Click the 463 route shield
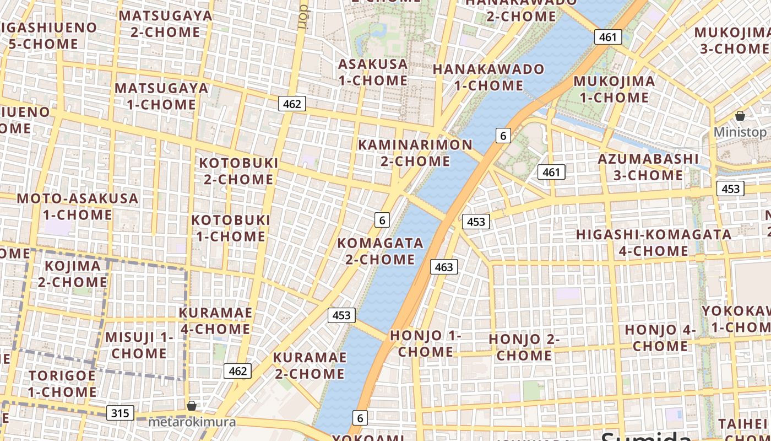click(443, 267)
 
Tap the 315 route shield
click(120, 413)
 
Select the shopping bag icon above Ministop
click(740, 116)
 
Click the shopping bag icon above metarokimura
click(191, 406)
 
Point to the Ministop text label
click(740, 132)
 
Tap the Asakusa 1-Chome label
click(373, 72)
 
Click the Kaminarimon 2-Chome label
click(415, 153)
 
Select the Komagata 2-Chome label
click(380, 251)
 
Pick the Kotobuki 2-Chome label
click(238, 171)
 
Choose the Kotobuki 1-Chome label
click(231, 228)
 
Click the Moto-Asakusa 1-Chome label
click(78, 206)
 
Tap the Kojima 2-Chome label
click(73, 274)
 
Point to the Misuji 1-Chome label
click(139, 345)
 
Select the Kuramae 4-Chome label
click(215, 321)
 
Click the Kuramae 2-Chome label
click(310, 365)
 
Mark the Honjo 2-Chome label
click(524, 347)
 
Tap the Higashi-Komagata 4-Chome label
click(653, 243)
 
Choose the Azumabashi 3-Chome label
click(648, 167)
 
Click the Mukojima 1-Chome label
click(614, 89)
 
